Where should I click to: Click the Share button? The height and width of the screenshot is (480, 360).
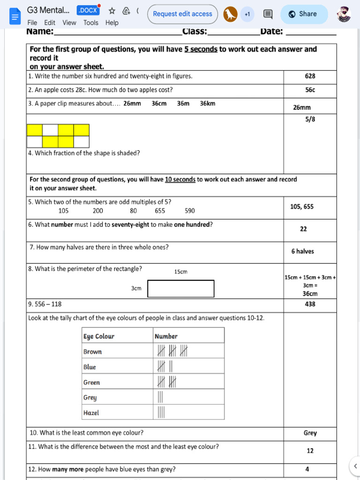coord(303,14)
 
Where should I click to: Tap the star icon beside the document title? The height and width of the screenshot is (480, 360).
coord(112,11)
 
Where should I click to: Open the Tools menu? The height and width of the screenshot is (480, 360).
coord(91,22)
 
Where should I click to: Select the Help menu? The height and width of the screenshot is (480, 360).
coord(112,22)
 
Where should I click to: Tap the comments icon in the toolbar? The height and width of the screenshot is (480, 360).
coord(268,14)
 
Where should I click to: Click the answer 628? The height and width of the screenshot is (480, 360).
coord(310,76)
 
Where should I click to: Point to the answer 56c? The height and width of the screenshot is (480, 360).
coord(310,90)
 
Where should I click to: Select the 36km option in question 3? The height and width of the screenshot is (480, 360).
coord(208,104)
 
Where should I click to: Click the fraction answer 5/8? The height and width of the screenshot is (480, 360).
coord(310,120)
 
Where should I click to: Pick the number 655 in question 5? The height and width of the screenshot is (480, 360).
coord(160,211)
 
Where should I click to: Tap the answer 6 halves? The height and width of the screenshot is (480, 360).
coord(302,251)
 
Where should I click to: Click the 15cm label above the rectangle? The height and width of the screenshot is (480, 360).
coord(180,272)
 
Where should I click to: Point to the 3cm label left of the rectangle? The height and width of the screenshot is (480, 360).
coord(136,288)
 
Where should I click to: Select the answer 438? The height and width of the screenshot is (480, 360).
coord(310,304)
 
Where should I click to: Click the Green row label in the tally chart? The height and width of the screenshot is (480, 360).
coord(91,382)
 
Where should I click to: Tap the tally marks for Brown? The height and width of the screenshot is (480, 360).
coord(172,351)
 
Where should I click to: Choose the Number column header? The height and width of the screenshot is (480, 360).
coord(166,336)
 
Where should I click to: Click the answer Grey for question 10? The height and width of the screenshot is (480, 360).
coord(310,433)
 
